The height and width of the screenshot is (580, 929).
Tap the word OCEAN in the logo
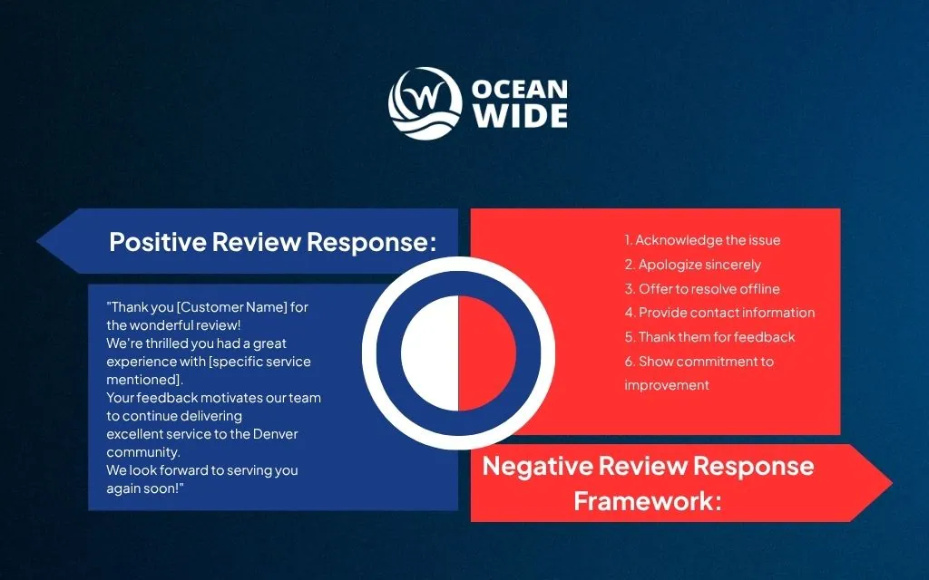click(x=520, y=90)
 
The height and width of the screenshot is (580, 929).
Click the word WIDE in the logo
click(x=520, y=117)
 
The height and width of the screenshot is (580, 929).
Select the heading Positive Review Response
click(x=272, y=242)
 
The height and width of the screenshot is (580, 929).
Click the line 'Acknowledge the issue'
click(x=702, y=240)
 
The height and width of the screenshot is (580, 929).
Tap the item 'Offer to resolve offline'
click(x=702, y=289)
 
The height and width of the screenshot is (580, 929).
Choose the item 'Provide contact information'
click(x=719, y=313)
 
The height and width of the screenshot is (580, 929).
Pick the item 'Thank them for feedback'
click(x=709, y=337)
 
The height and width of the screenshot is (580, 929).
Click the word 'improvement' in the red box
click(x=667, y=385)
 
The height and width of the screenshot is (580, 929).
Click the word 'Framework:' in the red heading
click(x=648, y=501)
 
